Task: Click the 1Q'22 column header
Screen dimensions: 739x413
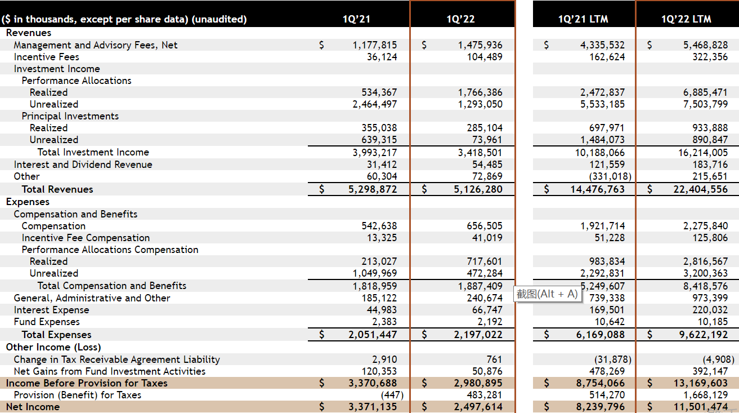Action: click(460, 19)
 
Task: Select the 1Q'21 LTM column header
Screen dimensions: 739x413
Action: click(583, 19)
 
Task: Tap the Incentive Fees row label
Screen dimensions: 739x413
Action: click(47, 57)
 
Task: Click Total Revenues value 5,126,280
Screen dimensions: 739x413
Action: click(478, 189)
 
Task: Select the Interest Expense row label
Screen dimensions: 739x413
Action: click(51, 310)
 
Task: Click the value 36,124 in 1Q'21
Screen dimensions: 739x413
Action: click(382, 57)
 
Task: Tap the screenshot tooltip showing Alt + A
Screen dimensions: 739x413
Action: click(547, 294)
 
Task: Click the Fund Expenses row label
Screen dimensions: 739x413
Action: click(47, 322)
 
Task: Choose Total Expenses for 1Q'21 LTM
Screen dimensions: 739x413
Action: click(601, 335)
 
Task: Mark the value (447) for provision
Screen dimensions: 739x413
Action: click(392, 395)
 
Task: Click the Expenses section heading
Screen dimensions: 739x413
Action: click(28, 202)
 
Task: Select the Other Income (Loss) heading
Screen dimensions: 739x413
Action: click(53, 347)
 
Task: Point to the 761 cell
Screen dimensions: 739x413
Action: click(494, 359)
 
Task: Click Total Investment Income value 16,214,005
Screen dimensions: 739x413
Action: click(703, 153)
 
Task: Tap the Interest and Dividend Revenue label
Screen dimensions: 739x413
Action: click(83, 165)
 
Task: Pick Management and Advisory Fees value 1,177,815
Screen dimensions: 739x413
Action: click(375, 45)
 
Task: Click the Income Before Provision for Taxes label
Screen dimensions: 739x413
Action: click(87, 383)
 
